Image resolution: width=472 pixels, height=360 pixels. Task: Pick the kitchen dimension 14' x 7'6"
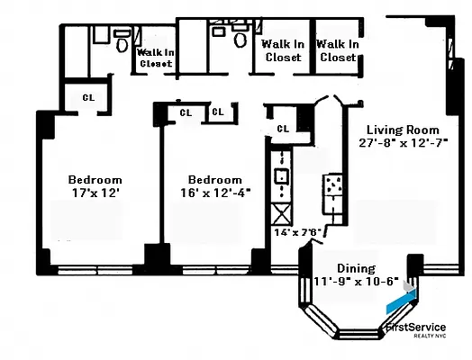click(x=298, y=232)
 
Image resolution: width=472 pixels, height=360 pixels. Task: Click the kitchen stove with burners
click(x=333, y=187)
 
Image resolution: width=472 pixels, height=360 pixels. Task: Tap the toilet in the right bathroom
click(x=241, y=38)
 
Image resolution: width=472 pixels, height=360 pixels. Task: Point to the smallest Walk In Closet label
click(x=154, y=58)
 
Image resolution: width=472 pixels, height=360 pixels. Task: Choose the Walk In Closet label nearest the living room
click(x=338, y=50)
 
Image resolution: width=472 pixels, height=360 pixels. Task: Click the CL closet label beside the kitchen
click(x=283, y=128)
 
